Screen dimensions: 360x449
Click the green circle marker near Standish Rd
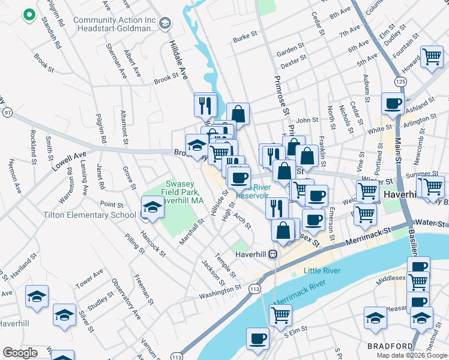28,15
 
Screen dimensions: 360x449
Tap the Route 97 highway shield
7,112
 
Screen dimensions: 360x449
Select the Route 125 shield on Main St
399,80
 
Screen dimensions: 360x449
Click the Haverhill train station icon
272,254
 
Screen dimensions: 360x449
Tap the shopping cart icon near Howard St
432,57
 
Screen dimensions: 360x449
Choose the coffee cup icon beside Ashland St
393,103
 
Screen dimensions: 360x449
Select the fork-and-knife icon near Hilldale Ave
205,104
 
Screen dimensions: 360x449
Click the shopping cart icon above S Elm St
280,314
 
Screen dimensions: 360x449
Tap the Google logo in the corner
20,353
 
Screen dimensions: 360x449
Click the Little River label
322,271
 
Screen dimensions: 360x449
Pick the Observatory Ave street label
126,306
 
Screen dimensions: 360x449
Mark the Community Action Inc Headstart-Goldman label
115,24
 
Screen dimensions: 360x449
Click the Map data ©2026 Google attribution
411,355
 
